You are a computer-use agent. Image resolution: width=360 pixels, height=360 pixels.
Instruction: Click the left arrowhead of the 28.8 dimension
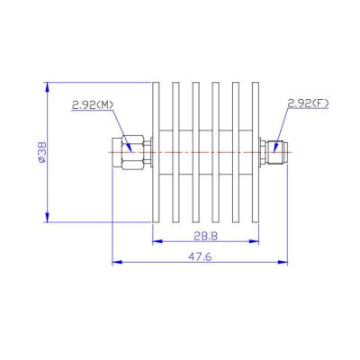[155, 242]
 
